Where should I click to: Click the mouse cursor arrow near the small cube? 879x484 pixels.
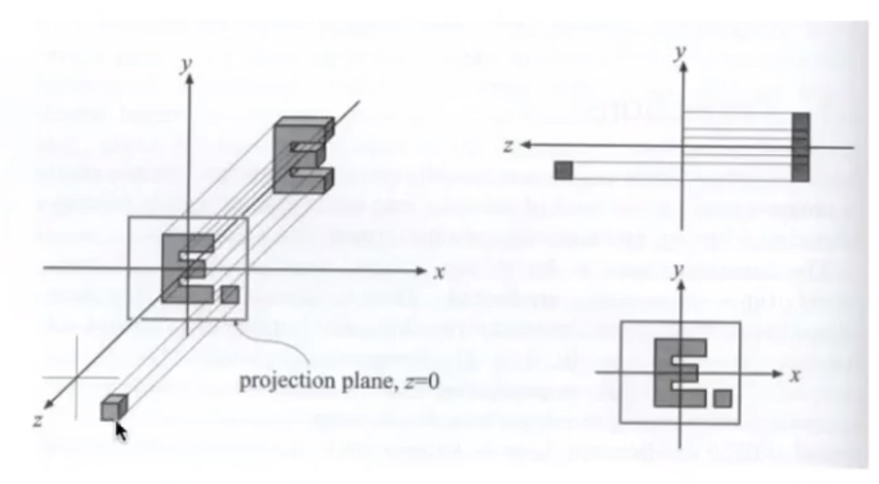coord(121,432)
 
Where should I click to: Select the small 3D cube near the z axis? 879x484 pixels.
coord(114,408)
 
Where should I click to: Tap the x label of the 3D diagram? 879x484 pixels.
coord(439,273)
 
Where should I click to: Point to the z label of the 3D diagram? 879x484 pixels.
coord(38,421)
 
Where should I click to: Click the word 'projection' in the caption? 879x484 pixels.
coord(289,382)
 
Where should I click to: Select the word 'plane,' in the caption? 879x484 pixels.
coord(370,382)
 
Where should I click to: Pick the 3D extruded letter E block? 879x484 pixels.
coord(304,155)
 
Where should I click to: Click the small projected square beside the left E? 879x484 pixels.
coord(230,295)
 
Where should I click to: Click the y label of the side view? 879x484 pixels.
coord(679,52)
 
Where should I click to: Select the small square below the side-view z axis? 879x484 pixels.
coord(563,170)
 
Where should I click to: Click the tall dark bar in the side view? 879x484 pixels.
coord(800,147)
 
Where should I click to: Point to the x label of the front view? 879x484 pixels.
coord(796,376)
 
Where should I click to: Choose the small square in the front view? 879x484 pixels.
coord(723,398)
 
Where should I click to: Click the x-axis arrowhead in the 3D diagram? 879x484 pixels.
coord(421,271)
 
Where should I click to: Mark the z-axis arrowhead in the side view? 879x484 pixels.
coord(526,145)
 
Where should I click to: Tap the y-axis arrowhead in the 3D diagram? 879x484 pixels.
coord(190,79)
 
